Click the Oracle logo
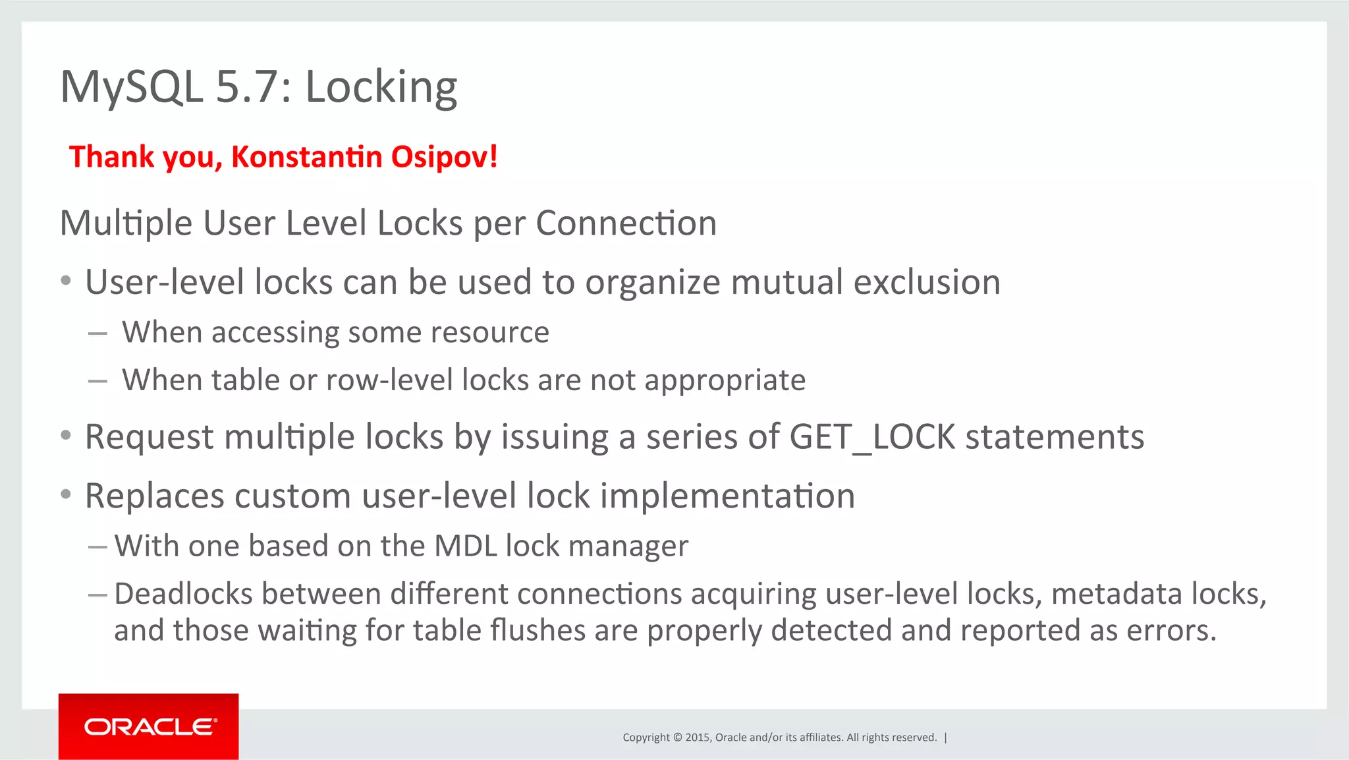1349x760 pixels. click(149, 726)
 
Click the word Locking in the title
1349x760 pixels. click(381, 87)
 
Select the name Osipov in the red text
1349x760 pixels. click(444, 157)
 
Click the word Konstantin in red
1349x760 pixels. click(307, 157)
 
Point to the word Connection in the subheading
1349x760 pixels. click(626, 223)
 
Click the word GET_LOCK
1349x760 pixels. click(872, 436)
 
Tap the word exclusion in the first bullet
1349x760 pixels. click(927, 282)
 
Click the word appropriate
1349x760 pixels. click(725, 380)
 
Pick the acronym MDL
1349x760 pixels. click(465, 546)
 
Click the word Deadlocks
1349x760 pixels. click(183, 593)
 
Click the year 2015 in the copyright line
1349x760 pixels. click(697, 737)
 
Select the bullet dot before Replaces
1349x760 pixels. click(65, 494)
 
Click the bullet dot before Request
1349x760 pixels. click(65, 436)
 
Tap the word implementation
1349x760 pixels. click(727, 496)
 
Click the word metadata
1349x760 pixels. click(1116, 593)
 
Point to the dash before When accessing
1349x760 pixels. click(97, 334)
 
